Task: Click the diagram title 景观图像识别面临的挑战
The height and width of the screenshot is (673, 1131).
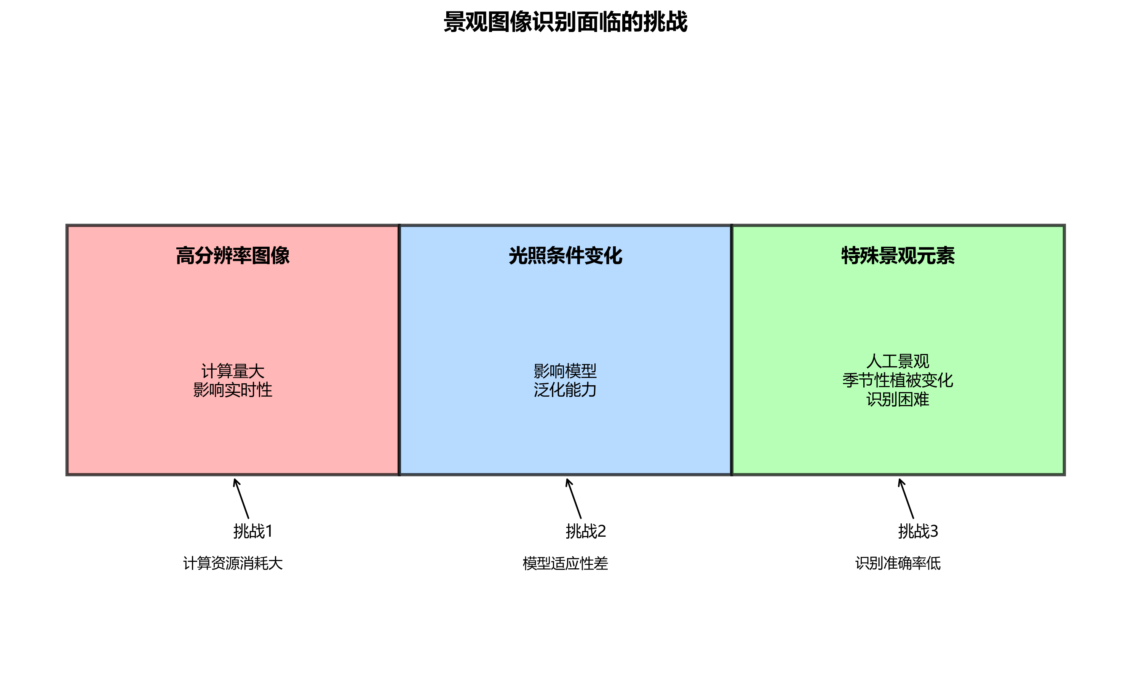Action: point(565,22)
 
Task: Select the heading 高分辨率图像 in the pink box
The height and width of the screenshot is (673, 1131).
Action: point(233,256)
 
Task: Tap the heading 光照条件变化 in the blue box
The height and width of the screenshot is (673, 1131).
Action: point(565,256)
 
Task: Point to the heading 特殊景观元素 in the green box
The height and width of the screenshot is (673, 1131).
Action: point(898,256)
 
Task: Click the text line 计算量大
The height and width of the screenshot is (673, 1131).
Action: point(233,371)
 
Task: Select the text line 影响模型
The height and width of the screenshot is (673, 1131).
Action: point(565,371)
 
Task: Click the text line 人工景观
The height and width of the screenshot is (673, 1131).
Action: point(898,362)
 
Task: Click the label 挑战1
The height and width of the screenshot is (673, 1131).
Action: point(253,531)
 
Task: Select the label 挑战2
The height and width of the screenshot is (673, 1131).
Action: point(586,531)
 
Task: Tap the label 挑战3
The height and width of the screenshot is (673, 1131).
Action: point(918,531)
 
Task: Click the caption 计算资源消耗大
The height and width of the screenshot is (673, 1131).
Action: point(233,564)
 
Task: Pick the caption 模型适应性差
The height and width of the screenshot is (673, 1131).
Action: point(565,564)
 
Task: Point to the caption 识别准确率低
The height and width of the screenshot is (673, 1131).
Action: point(898,564)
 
